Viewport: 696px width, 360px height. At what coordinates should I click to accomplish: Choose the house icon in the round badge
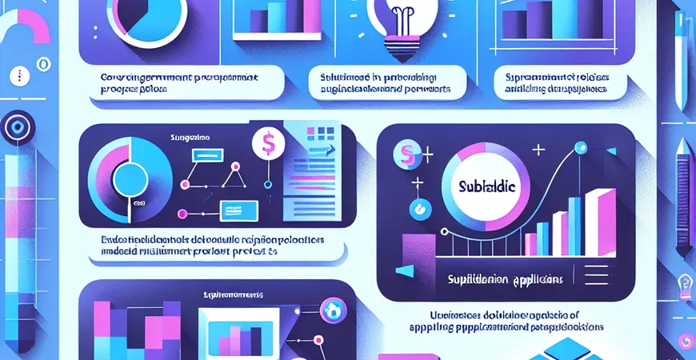(x=330, y=310)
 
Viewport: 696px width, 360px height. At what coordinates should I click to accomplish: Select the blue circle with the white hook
(x=418, y=210)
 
